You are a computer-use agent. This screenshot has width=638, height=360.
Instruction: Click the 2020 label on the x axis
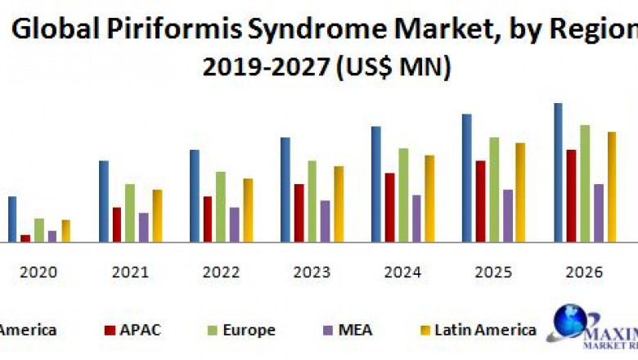pyautogui.click(x=38, y=272)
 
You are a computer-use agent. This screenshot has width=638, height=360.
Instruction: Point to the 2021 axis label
pyautogui.click(x=130, y=272)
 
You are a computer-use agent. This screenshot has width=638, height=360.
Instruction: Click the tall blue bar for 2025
pyautogui.click(x=466, y=178)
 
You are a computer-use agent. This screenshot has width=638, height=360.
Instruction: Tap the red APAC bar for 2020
pyautogui.click(x=25, y=238)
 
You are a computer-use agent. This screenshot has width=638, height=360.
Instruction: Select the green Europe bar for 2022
pyautogui.click(x=221, y=206)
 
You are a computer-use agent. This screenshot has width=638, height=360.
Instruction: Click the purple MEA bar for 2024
pyautogui.click(x=416, y=218)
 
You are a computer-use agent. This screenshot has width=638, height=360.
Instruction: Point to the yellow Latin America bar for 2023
pyautogui.click(x=339, y=204)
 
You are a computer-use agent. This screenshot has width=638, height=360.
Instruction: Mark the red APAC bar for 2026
pyautogui.click(x=571, y=196)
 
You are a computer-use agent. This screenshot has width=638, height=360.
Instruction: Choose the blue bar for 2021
pyautogui.click(x=104, y=200)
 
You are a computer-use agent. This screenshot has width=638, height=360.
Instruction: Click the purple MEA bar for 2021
pyautogui.click(x=144, y=227)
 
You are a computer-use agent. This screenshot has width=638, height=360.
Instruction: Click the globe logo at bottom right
pyautogui.click(x=570, y=322)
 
